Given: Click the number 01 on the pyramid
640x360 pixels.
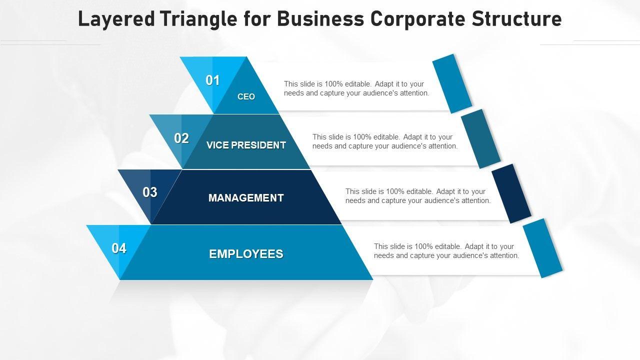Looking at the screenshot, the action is (x=213, y=80).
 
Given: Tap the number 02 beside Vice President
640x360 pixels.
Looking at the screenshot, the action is (x=181, y=138).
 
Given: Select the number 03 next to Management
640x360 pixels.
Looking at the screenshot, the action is (x=150, y=192).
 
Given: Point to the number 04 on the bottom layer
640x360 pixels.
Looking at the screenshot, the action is (x=119, y=248).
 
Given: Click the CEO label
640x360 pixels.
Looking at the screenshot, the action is (x=246, y=96).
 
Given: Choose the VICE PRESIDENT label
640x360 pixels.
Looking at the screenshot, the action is (x=246, y=145).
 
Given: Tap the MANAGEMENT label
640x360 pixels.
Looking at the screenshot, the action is (x=246, y=197).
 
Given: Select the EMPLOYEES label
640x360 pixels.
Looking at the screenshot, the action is (x=246, y=253).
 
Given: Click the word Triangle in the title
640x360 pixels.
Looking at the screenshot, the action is (x=198, y=19).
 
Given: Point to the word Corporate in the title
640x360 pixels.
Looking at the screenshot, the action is (x=417, y=19).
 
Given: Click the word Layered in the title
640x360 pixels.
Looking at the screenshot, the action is (x=116, y=19).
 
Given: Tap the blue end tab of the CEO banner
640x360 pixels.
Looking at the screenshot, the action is (x=452, y=83).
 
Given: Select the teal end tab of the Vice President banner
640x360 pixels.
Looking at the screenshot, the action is (x=481, y=139).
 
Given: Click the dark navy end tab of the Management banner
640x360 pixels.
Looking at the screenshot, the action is (x=511, y=193).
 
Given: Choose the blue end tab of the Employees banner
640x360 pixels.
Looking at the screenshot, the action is (x=542, y=248).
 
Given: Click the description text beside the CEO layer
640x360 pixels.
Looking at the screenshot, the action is (x=356, y=88).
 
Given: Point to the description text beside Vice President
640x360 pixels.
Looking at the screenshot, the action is (x=385, y=141).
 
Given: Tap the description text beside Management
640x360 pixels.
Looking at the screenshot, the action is (x=417, y=196).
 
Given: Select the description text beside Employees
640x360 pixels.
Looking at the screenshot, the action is (x=446, y=251).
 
